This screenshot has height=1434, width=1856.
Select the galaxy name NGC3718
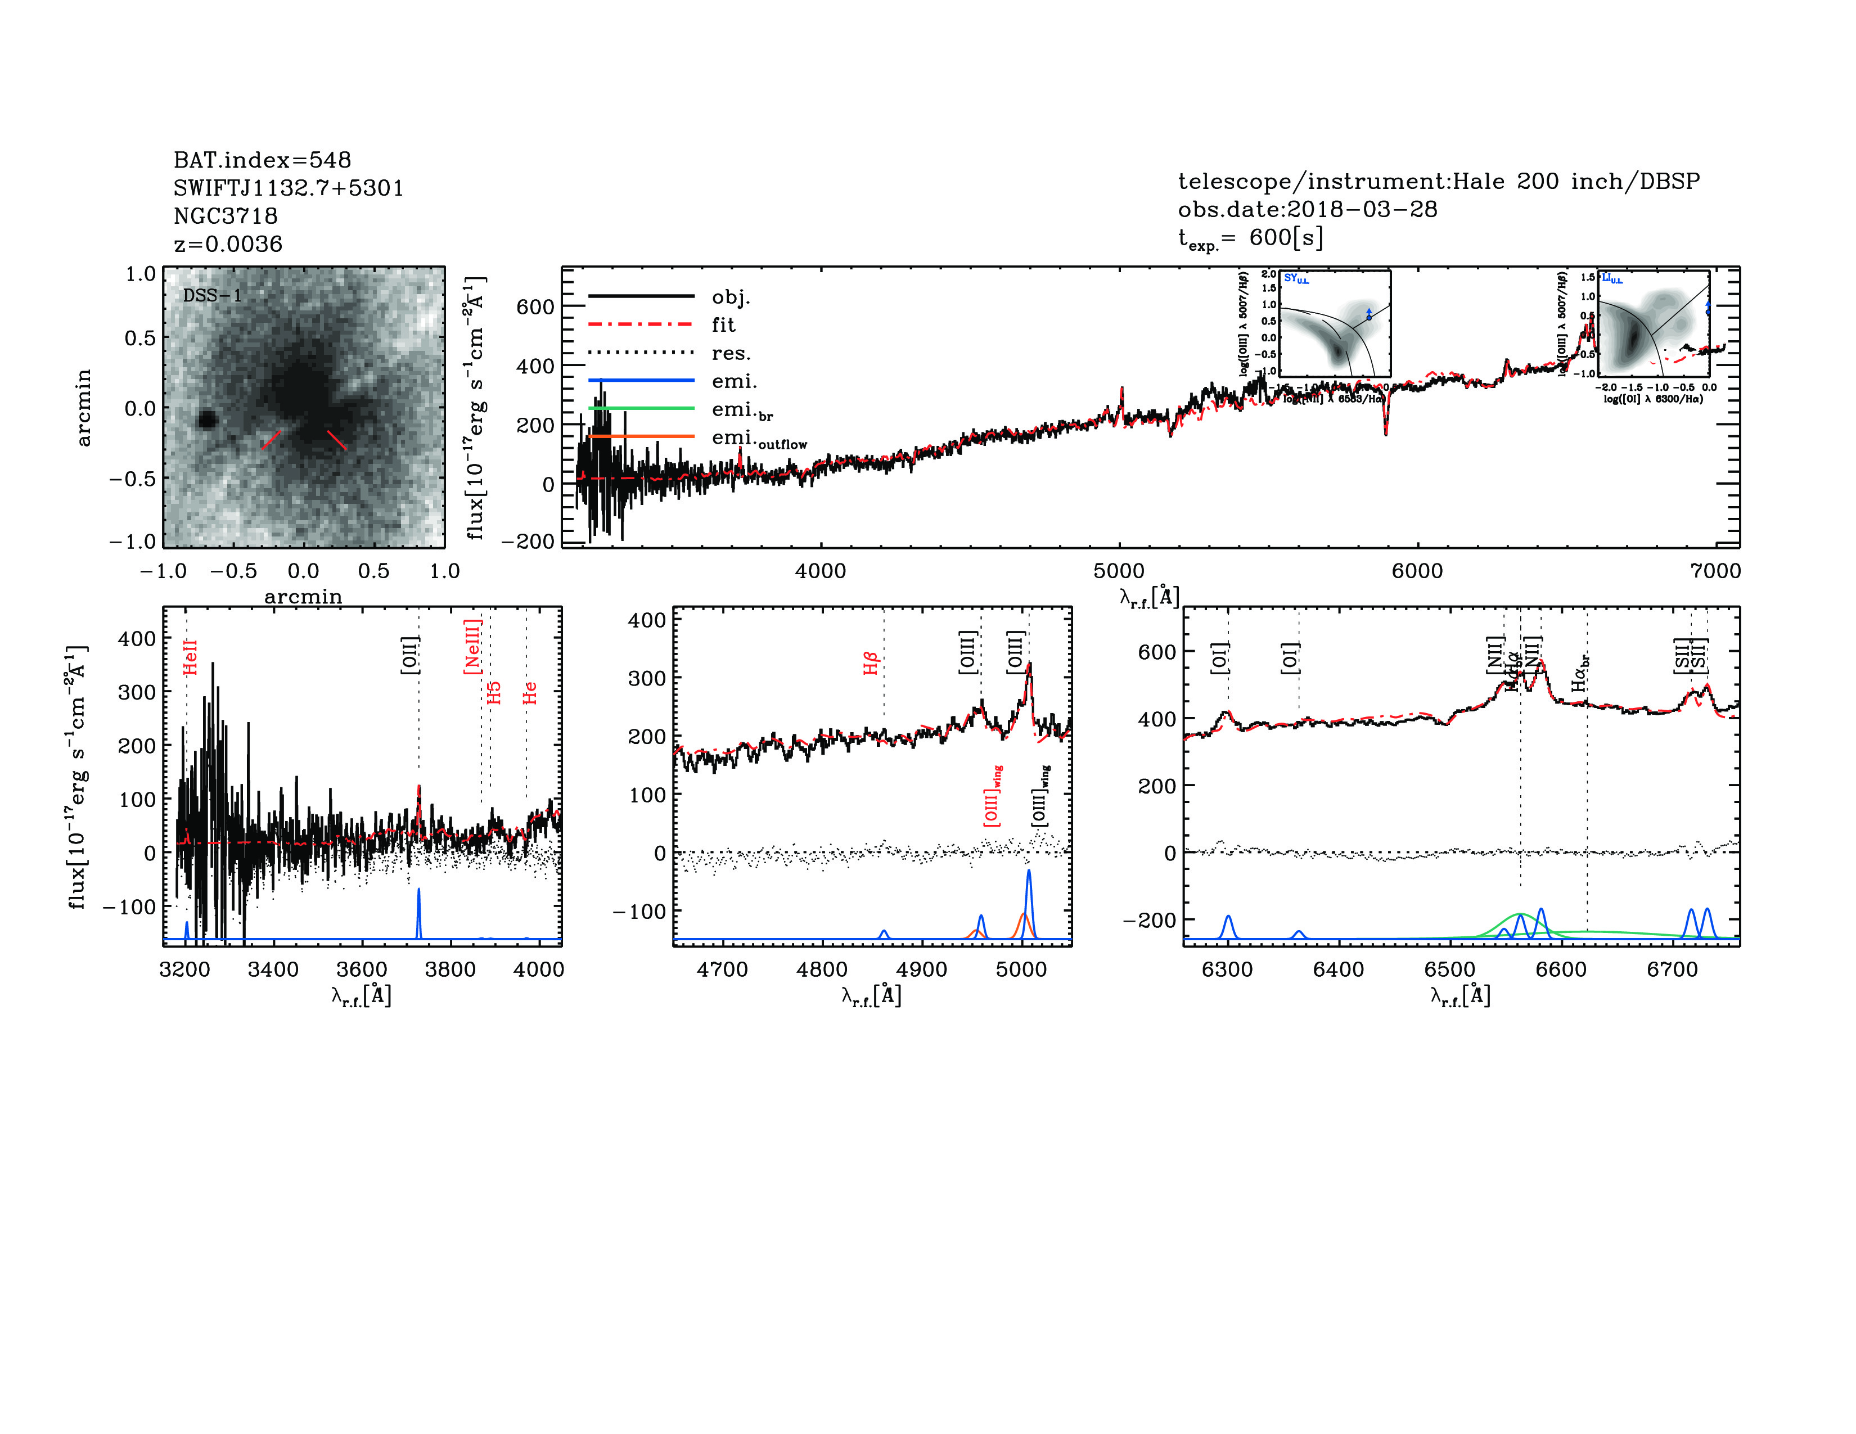tap(225, 216)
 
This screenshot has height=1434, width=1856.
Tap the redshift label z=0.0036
tap(228, 244)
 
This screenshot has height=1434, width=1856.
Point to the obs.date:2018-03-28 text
tap(1307, 209)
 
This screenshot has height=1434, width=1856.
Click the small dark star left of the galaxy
tap(206, 420)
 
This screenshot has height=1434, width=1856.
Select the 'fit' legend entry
tap(723, 324)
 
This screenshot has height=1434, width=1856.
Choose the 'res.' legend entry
tap(731, 353)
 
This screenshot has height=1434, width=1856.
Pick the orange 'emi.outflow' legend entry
tap(759, 439)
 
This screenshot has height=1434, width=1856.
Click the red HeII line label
tap(190, 657)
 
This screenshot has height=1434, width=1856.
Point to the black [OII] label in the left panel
tap(409, 655)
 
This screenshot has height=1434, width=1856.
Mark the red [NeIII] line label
tap(472, 647)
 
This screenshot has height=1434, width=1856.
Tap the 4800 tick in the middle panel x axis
tap(822, 969)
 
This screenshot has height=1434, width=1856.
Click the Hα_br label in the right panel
tap(1580, 673)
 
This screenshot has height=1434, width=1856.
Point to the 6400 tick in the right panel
tap(1339, 969)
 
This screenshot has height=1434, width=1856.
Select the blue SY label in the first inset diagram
tap(1295, 278)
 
